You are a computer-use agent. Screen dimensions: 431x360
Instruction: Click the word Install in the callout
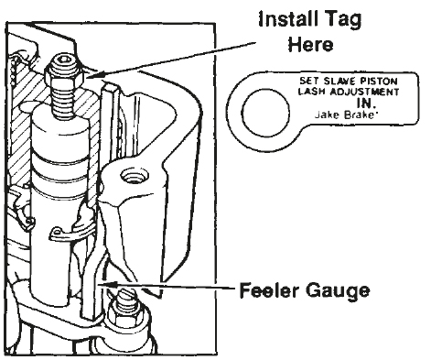(285, 19)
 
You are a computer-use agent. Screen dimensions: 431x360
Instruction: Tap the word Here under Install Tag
(310, 45)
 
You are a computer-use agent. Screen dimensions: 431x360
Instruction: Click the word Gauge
(338, 291)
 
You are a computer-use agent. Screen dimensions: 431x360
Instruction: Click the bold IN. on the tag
(366, 104)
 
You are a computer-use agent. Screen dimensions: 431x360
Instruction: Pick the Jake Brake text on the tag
(344, 115)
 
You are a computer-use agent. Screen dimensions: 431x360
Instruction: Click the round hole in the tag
(265, 113)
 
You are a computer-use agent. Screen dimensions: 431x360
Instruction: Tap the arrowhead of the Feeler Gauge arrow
(106, 284)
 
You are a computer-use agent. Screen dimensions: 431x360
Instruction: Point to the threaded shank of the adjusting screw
(64, 102)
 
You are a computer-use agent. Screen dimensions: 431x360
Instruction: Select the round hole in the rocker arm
(135, 176)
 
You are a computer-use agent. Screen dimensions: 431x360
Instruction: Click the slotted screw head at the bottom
(126, 296)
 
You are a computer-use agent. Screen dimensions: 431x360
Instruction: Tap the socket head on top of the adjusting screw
(63, 62)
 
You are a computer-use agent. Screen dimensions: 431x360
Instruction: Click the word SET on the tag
(309, 81)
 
